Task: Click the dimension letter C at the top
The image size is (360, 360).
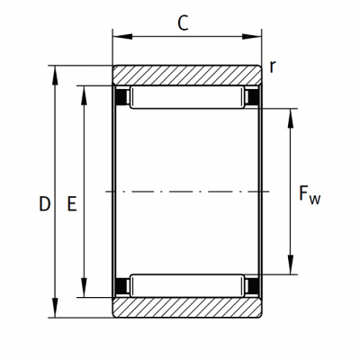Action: pos(183,23)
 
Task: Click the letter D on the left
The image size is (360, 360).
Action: pos(44,204)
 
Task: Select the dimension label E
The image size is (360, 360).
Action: pos(72,204)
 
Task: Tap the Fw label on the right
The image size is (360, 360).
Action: pos(310,194)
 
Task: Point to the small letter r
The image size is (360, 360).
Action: pos(272,67)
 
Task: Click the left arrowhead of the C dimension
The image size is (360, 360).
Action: pos(122,37)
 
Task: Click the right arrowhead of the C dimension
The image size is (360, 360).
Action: pos(252,37)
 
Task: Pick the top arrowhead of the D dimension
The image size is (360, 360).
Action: pos(55,76)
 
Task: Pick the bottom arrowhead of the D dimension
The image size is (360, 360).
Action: pos(55,308)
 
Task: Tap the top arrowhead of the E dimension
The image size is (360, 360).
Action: pos(84,96)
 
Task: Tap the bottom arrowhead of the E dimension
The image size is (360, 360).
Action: pos(84,288)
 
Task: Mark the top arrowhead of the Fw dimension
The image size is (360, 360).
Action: pos(291,119)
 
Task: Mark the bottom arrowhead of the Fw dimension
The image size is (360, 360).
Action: pos(291,265)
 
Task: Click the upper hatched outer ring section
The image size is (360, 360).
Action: pos(187,75)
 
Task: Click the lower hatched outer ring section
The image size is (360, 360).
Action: pos(187,307)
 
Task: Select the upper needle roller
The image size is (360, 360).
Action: pos(187,97)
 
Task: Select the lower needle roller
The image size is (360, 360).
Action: pos(187,286)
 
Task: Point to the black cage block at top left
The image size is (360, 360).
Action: pos(121,97)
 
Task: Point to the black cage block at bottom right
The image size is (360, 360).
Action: pos(253,286)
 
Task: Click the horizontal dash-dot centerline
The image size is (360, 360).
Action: pos(187,191)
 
